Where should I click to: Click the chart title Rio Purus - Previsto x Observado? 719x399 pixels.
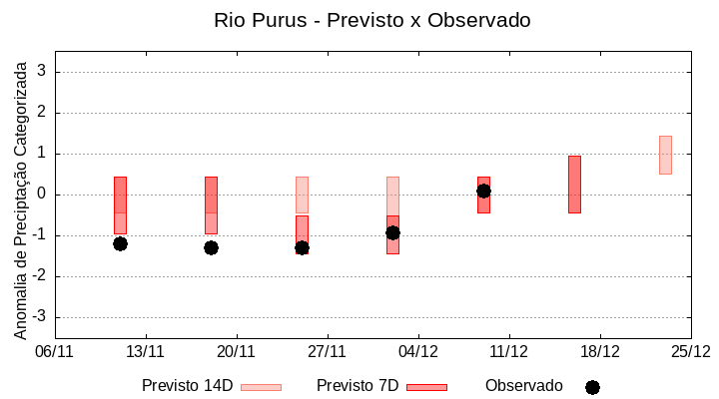pos(372,20)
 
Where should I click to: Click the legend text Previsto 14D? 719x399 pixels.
pos(187,386)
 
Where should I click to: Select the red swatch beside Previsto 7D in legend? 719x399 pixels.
pos(426,387)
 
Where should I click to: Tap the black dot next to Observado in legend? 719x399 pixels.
pos(592,387)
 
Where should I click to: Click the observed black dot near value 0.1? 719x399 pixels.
pos(483,191)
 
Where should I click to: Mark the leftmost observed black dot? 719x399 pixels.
pos(120,243)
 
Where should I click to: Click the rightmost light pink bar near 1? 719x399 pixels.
pos(665,155)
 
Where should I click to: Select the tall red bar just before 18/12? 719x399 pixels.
pos(574,185)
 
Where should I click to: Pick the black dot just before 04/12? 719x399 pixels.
pos(392,232)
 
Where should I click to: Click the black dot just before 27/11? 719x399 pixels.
pos(302,247)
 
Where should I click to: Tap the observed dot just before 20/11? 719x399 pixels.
pos(211,247)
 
